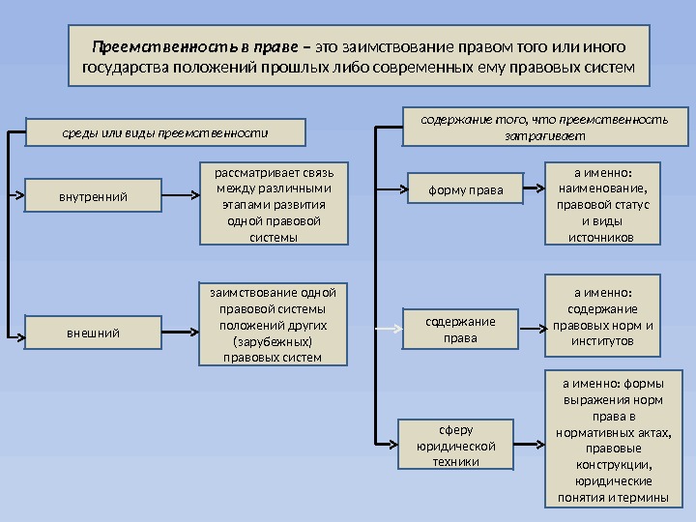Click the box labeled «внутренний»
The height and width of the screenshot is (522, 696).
93,197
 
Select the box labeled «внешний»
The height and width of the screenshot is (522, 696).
93,333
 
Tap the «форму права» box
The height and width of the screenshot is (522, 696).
466,190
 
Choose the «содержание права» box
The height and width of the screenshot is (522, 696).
459,330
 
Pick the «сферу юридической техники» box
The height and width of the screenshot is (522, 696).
454,445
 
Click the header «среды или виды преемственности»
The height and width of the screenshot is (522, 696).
164,130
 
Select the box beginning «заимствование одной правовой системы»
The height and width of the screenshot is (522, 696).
273,324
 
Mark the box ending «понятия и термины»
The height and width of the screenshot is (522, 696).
614,437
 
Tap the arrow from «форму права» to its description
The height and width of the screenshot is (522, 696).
534,189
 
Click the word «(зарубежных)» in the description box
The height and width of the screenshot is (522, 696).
273,341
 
